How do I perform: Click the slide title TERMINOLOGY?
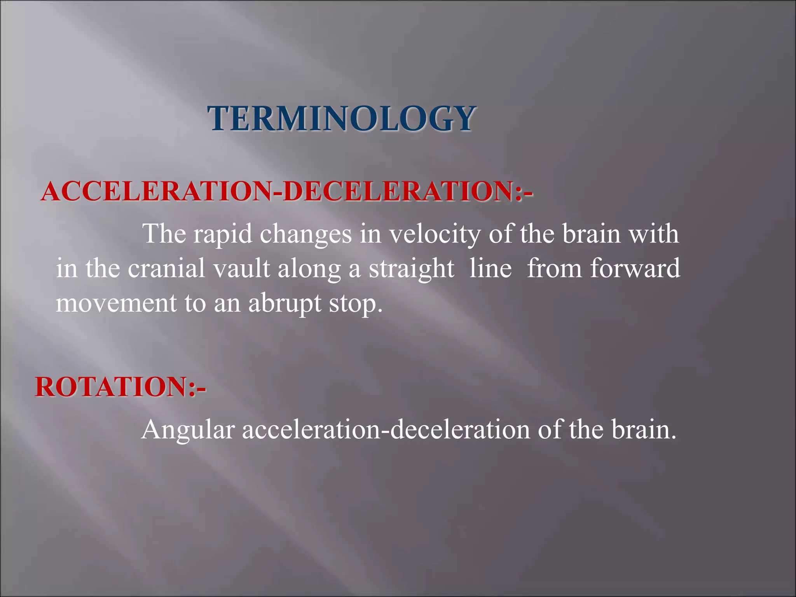pyautogui.click(x=341, y=119)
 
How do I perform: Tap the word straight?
pyautogui.click(x=411, y=269)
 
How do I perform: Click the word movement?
pyautogui.click(x=116, y=303)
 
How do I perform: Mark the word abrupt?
pyautogui.click(x=285, y=304)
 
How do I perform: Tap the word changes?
pyautogui.click(x=305, y=235)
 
